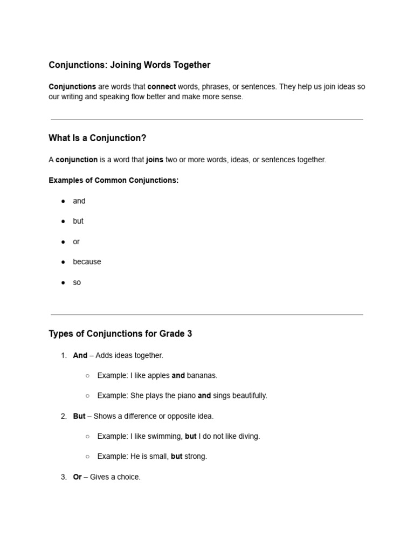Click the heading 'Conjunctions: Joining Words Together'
click(x=129, y=65)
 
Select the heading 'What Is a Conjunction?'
click(x=98, y=138)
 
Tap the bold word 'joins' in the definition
click(x=155, y=160)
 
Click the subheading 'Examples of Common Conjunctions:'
click(x=113, y=181)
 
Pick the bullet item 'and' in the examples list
click(x=79, y=201)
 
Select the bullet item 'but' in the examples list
click(x=78, y=221)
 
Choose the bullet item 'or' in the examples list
click(x=76, y=242)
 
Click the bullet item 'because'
click(x=87, y=262)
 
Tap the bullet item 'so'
click(x=77, y=282)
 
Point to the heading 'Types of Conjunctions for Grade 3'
click(x=120, y=334)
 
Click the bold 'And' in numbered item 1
click(x=80, y=356)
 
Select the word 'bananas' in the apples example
click(x=202, y=376)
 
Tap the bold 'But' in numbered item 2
click(x=79, y=416)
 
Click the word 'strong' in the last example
click(x=196, y=457)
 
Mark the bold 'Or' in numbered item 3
click(x=77, y=477)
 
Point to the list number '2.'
click(x=64, y=416)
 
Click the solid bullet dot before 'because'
click(x=63, y=262)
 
